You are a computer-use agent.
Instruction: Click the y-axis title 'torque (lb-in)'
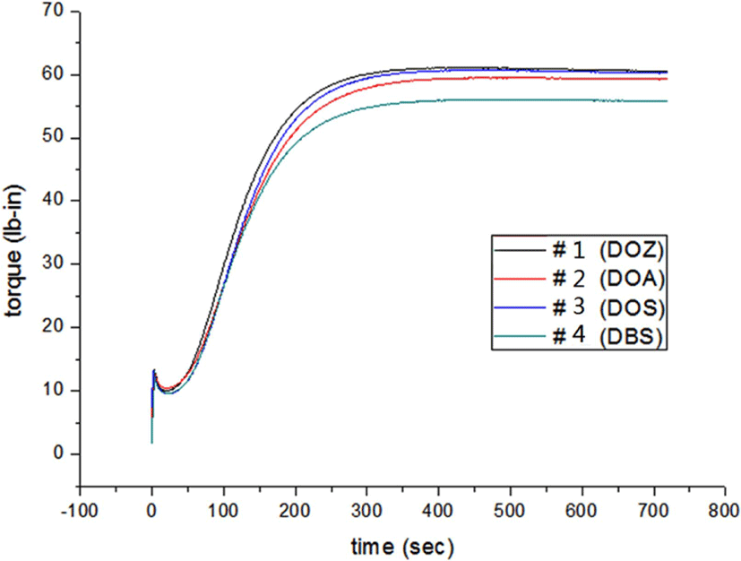14,252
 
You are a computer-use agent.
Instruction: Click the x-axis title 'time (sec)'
402,548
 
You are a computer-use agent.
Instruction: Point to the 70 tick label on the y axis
52,11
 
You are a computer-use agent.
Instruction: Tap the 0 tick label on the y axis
58,453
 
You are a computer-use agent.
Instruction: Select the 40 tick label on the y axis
52,201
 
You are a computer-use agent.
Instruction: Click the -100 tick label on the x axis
80,511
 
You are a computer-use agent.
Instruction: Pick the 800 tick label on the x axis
725,511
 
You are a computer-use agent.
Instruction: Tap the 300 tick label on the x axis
366,511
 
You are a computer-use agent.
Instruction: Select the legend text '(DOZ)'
632,251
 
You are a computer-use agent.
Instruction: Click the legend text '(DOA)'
632,280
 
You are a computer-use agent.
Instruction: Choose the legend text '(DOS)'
632,308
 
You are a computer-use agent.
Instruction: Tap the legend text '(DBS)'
631,336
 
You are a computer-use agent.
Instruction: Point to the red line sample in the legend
520,279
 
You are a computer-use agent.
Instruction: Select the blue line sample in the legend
520,307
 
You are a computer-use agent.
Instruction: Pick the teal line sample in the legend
520,336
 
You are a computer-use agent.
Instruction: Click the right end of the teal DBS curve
667,101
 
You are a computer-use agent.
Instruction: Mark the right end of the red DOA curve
667,79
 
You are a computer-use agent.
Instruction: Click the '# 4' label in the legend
569,336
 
